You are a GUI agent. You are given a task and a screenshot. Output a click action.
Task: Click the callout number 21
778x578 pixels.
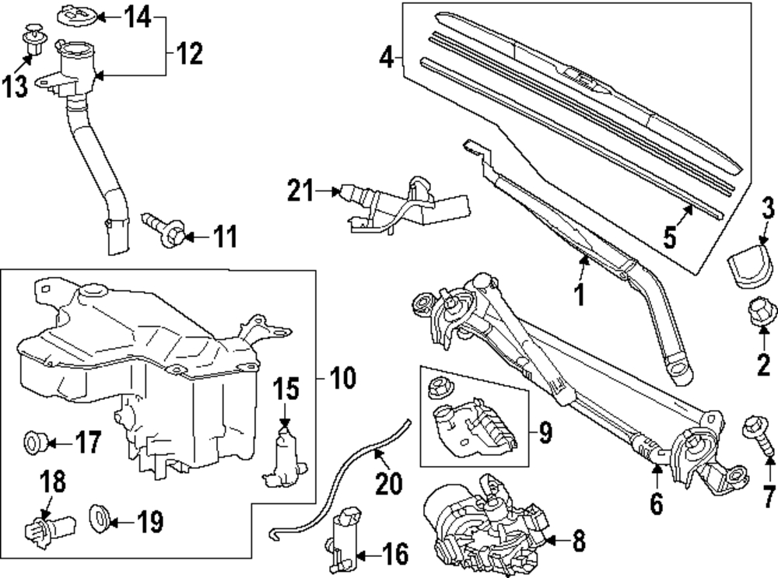(300, 191)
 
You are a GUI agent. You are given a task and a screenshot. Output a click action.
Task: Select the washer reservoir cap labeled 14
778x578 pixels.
(77, 16)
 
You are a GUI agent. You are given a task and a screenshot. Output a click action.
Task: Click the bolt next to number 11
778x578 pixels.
(163, 229)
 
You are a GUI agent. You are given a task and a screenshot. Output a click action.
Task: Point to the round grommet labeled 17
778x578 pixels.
(36, 442)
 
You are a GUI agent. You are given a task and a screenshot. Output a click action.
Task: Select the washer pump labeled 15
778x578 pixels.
(284, 456)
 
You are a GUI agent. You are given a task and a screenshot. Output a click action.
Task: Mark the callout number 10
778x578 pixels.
(343, 379)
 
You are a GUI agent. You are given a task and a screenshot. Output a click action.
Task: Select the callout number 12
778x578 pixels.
(189, 53)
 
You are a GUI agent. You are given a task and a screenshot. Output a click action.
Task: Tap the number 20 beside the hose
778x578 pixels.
(388, 483)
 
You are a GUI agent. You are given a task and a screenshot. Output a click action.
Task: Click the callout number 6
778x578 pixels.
(656, 503)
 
